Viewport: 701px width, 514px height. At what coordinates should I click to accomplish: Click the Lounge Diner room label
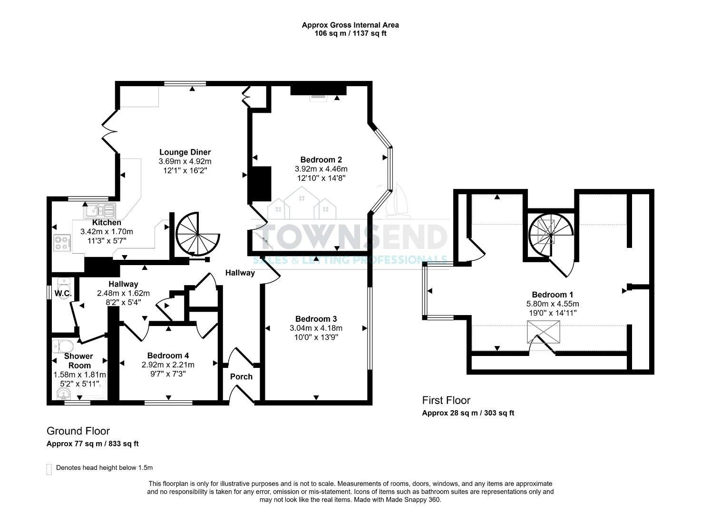point(185,152)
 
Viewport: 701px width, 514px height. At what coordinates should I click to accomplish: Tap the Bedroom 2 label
point(321,160)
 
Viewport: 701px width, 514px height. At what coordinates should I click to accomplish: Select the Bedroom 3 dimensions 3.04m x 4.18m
point(316,328)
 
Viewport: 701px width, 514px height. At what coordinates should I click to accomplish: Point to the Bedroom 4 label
point(168,356)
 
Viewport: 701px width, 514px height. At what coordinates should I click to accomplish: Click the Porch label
point(241,376)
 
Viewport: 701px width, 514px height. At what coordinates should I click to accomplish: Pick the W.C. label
point(62,294)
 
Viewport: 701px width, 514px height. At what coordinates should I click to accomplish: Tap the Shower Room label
point(79,361)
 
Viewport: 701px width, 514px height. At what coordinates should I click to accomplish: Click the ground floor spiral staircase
point(196,234)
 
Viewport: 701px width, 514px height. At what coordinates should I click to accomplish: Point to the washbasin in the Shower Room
point(63,394)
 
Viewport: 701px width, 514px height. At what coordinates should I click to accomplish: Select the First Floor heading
point(446,400)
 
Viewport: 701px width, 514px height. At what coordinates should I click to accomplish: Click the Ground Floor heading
point(78,431)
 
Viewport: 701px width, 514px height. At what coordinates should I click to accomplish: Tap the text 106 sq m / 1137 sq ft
point(350,33)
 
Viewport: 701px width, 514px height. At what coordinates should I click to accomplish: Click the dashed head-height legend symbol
point(49,469)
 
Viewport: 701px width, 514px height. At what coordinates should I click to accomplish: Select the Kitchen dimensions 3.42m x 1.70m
point(107,232)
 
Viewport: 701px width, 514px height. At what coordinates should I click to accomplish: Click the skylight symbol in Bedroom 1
point(543,332)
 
